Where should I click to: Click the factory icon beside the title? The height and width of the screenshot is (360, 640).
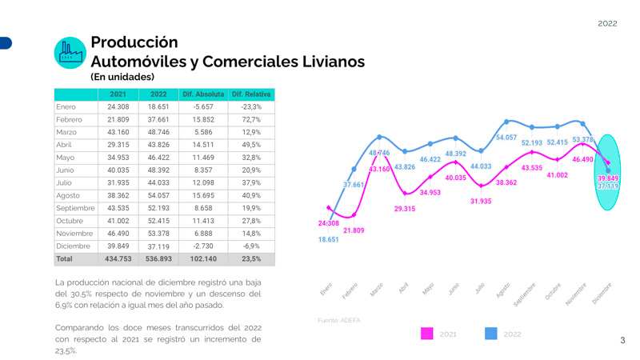(x=70, y=52)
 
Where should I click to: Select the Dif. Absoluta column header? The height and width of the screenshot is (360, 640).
(x=203, y=94)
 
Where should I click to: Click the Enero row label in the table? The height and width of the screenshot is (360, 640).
(x=66, y=106)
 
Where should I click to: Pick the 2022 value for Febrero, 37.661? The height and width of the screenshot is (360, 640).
(x=158, y=119)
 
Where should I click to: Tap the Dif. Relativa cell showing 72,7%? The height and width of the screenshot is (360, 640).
(x=251, y=119)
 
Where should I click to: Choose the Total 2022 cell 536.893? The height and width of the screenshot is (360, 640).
(x=158, y=259)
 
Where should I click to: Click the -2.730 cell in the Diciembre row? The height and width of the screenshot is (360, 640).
(x=203, y=246)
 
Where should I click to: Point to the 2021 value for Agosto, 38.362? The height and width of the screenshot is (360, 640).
(x=118, y=195)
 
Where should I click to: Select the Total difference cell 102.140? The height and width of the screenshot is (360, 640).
(x=203, y=259)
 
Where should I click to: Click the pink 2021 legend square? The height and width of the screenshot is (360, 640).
(x=427, y=334)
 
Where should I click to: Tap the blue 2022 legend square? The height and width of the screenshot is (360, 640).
(x=491, y=334)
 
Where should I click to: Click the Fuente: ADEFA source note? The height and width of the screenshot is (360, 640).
(x=338, y=320)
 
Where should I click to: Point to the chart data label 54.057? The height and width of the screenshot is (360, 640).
(x=506, y=138)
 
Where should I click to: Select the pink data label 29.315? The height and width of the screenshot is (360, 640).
(x=405, y=209)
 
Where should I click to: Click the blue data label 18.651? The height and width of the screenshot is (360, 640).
(x=328, y=239)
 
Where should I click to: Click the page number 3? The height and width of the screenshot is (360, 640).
(x=622, y=341)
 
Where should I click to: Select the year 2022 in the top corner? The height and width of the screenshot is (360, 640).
(x=607, y=23)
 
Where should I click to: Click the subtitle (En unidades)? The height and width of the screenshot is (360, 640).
(x=122, y=77)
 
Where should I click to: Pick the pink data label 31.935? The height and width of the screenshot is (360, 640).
(x=481, y=201)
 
